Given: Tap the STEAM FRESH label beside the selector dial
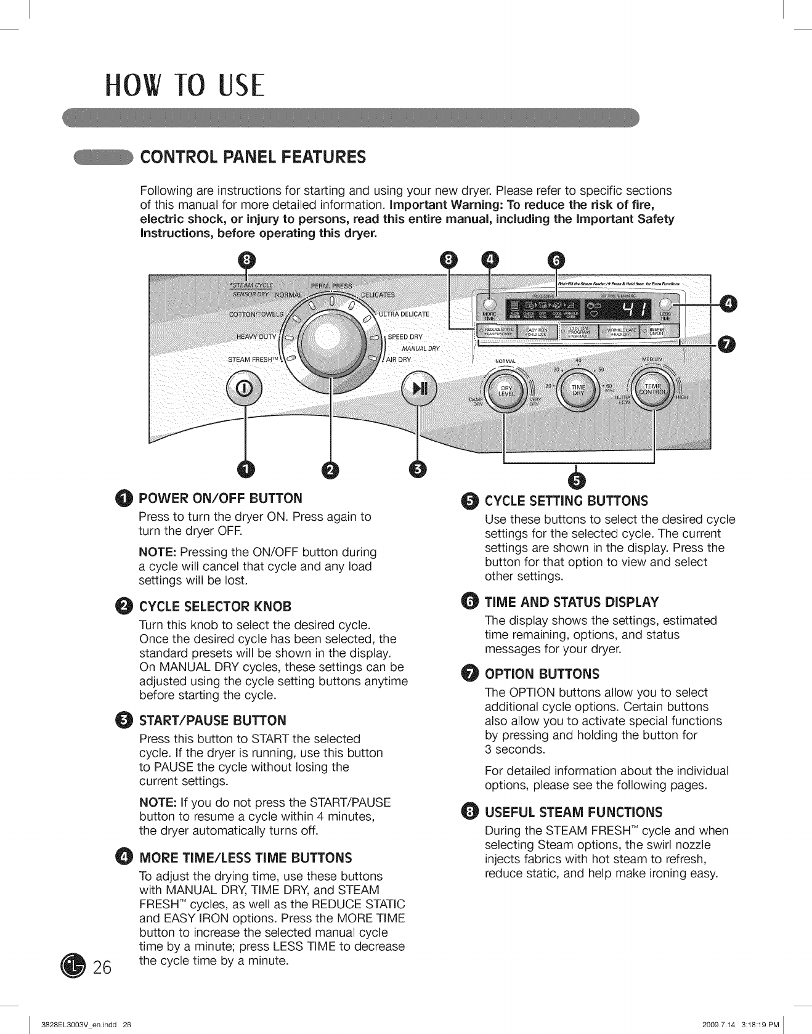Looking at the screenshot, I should [253, 360].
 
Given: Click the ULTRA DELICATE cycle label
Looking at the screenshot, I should [404, 314].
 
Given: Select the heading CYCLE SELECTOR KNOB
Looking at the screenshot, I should [215, 605].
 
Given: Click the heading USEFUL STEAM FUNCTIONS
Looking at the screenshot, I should [574, 812].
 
